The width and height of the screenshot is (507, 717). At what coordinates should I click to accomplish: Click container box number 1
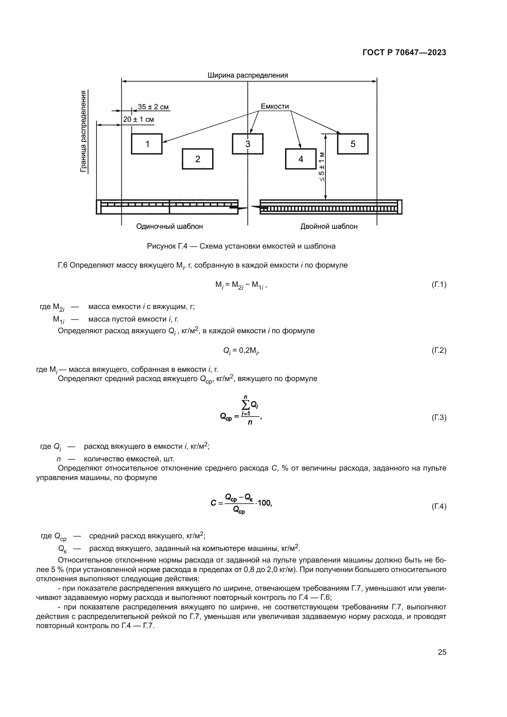coord(147,144)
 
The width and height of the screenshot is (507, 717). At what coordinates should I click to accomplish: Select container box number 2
coord(198,159)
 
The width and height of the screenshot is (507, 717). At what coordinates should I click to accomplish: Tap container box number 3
coord(248,144)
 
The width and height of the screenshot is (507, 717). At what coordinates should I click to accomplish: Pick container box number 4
coord(301,159)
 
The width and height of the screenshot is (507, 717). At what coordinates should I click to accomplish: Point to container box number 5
coord(353,144)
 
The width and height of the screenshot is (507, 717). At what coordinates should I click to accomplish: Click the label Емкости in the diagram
coord(275,106)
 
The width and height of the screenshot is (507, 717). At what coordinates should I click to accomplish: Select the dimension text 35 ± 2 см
coord(153,107)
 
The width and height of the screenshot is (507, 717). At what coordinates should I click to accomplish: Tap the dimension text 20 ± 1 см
coord(138,120)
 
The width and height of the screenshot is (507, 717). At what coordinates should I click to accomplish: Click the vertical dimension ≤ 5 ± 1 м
coord(322,166)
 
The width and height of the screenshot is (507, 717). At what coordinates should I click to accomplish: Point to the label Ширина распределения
coord(248,75)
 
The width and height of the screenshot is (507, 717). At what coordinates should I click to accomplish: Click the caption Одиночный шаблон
coord(170,227)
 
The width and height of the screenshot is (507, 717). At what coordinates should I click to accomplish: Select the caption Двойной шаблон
coord(329,227)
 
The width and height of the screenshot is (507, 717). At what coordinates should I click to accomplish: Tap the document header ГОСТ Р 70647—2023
coord(404,52)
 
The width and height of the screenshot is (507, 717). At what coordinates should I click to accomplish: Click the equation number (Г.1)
coord(439,284)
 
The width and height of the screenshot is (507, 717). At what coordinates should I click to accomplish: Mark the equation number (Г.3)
coord(439,418)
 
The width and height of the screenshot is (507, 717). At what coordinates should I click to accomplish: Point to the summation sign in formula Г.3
coord(246,405)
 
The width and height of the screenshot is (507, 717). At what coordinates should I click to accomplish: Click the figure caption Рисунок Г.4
coord(241,246)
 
